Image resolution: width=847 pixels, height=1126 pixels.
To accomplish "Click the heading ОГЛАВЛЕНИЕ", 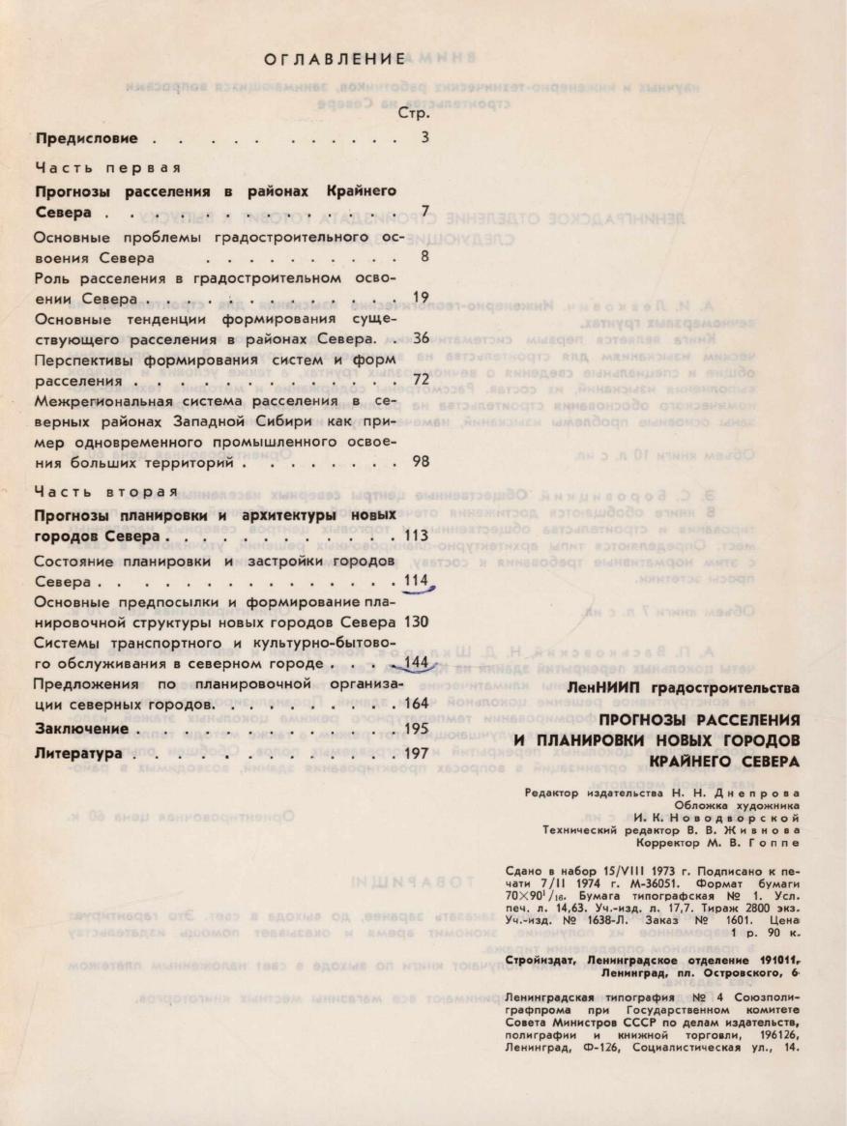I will coord(335,60).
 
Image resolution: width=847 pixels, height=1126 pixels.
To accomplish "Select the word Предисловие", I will coord(86,138).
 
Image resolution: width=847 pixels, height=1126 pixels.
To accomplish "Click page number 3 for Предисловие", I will coord(424,138).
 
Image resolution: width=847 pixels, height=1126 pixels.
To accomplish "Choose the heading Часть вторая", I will coord(94,488).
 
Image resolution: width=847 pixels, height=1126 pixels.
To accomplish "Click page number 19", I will coord(420,297).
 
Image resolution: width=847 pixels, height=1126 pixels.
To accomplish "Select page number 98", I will coord(420,461).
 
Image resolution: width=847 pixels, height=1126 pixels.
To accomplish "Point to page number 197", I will coord(417,751).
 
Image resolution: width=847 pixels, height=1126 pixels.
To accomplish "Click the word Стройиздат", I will coord(540,959).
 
